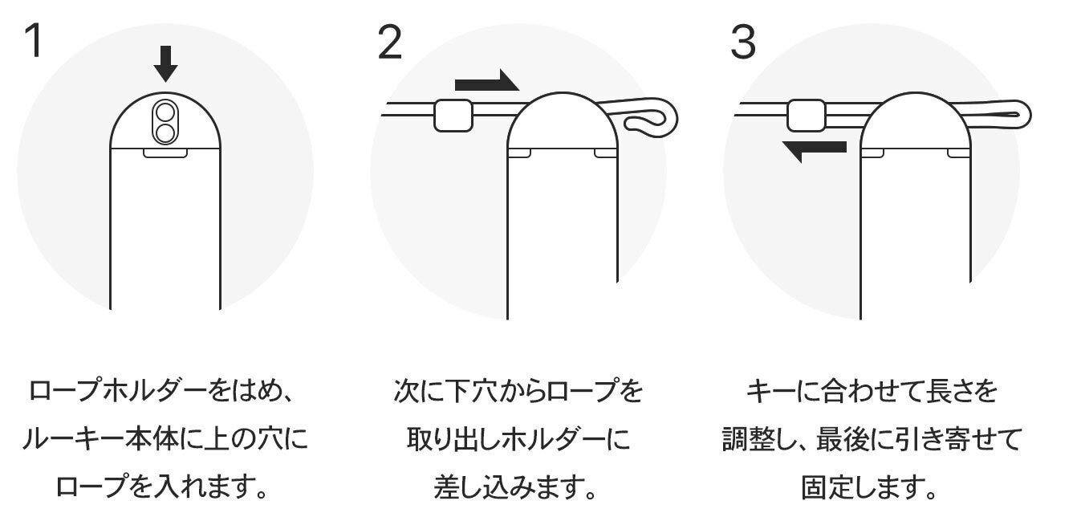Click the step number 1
(35, 40)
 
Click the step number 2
(390, 42)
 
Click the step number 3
(743, 42)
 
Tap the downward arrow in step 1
(165, 63)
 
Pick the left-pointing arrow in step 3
(814, 151)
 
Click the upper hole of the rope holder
(165, 112)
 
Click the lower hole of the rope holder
(165, 132)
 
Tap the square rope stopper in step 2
(453, 116)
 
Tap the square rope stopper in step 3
(806, 116)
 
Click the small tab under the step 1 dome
(165, 153)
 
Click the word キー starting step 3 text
(770, 391)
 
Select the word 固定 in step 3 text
(826, 487)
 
